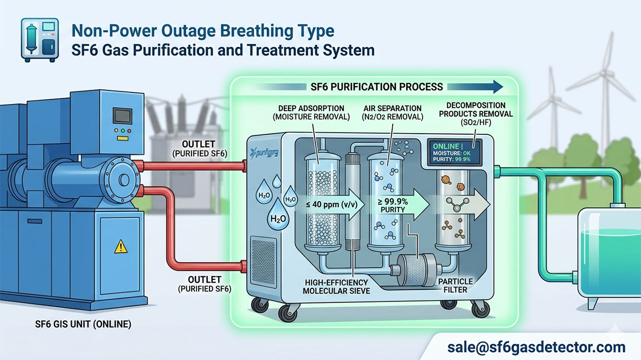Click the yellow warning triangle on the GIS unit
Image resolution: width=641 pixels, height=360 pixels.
(121, 246)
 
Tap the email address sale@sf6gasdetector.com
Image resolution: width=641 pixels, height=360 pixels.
(536, 347)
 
